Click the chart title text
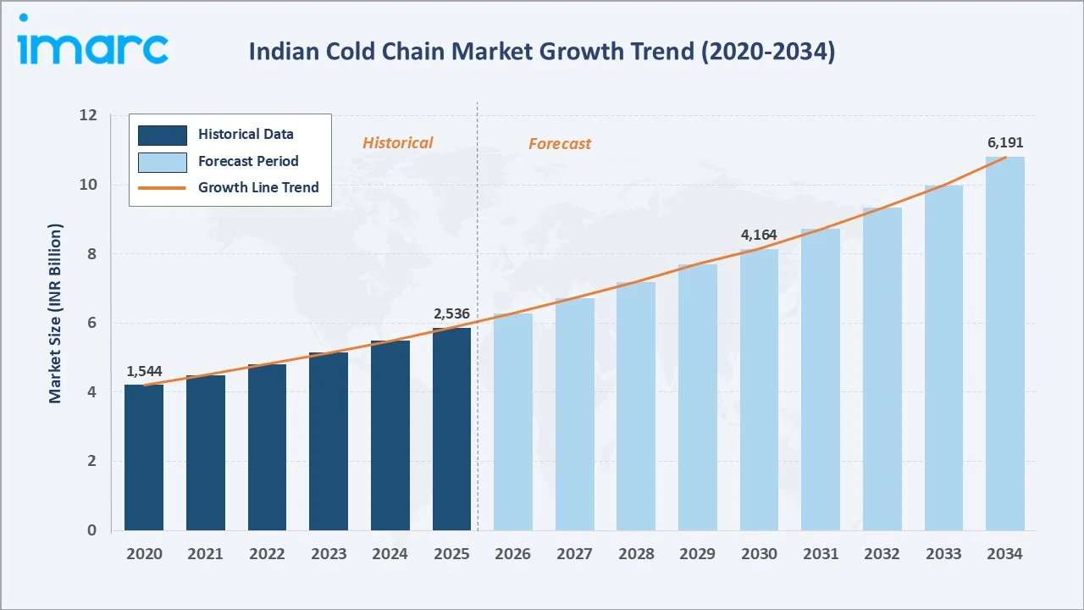541,52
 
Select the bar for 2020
144,457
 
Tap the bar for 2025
451,429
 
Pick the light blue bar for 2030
759,390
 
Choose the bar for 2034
1004,343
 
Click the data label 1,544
144,371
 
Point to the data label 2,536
451,314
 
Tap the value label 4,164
759,235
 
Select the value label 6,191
1005,142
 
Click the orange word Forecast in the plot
560,144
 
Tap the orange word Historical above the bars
397,143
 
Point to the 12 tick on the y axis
89,115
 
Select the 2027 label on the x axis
574,554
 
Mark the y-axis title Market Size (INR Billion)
56,313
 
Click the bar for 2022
267,447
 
